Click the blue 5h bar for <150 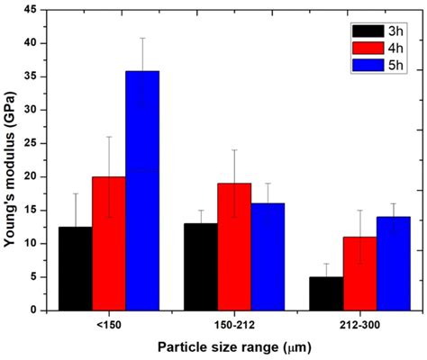(x=142, y=190)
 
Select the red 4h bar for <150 (x=108, y=243)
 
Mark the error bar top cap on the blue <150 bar (x=142, y=38)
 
